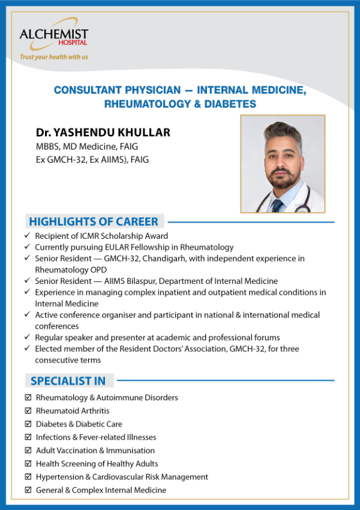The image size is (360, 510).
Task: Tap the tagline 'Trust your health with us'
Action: tap(54, 57)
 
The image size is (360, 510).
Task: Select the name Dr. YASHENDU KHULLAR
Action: tap(103, 133)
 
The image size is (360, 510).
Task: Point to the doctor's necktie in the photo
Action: tap(277, 206)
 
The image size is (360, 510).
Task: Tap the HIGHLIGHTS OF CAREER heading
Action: tap(94, 221)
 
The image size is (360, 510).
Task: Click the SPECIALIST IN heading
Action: tap(68, 381)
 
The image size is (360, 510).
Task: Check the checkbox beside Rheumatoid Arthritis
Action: tap(28, 411)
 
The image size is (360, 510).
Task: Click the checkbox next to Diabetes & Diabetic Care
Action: tap(28, 424)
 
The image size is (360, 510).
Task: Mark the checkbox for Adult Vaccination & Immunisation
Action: tap(28, 451)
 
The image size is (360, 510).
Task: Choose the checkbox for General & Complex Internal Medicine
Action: tap(28, 490)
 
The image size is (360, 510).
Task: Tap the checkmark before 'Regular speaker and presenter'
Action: tap(28, 337)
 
